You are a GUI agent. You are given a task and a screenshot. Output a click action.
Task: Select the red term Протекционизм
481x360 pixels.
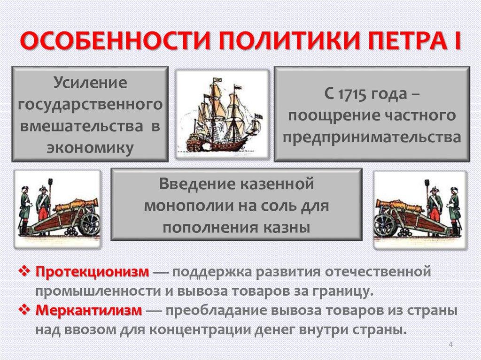(x=92, y=272)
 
